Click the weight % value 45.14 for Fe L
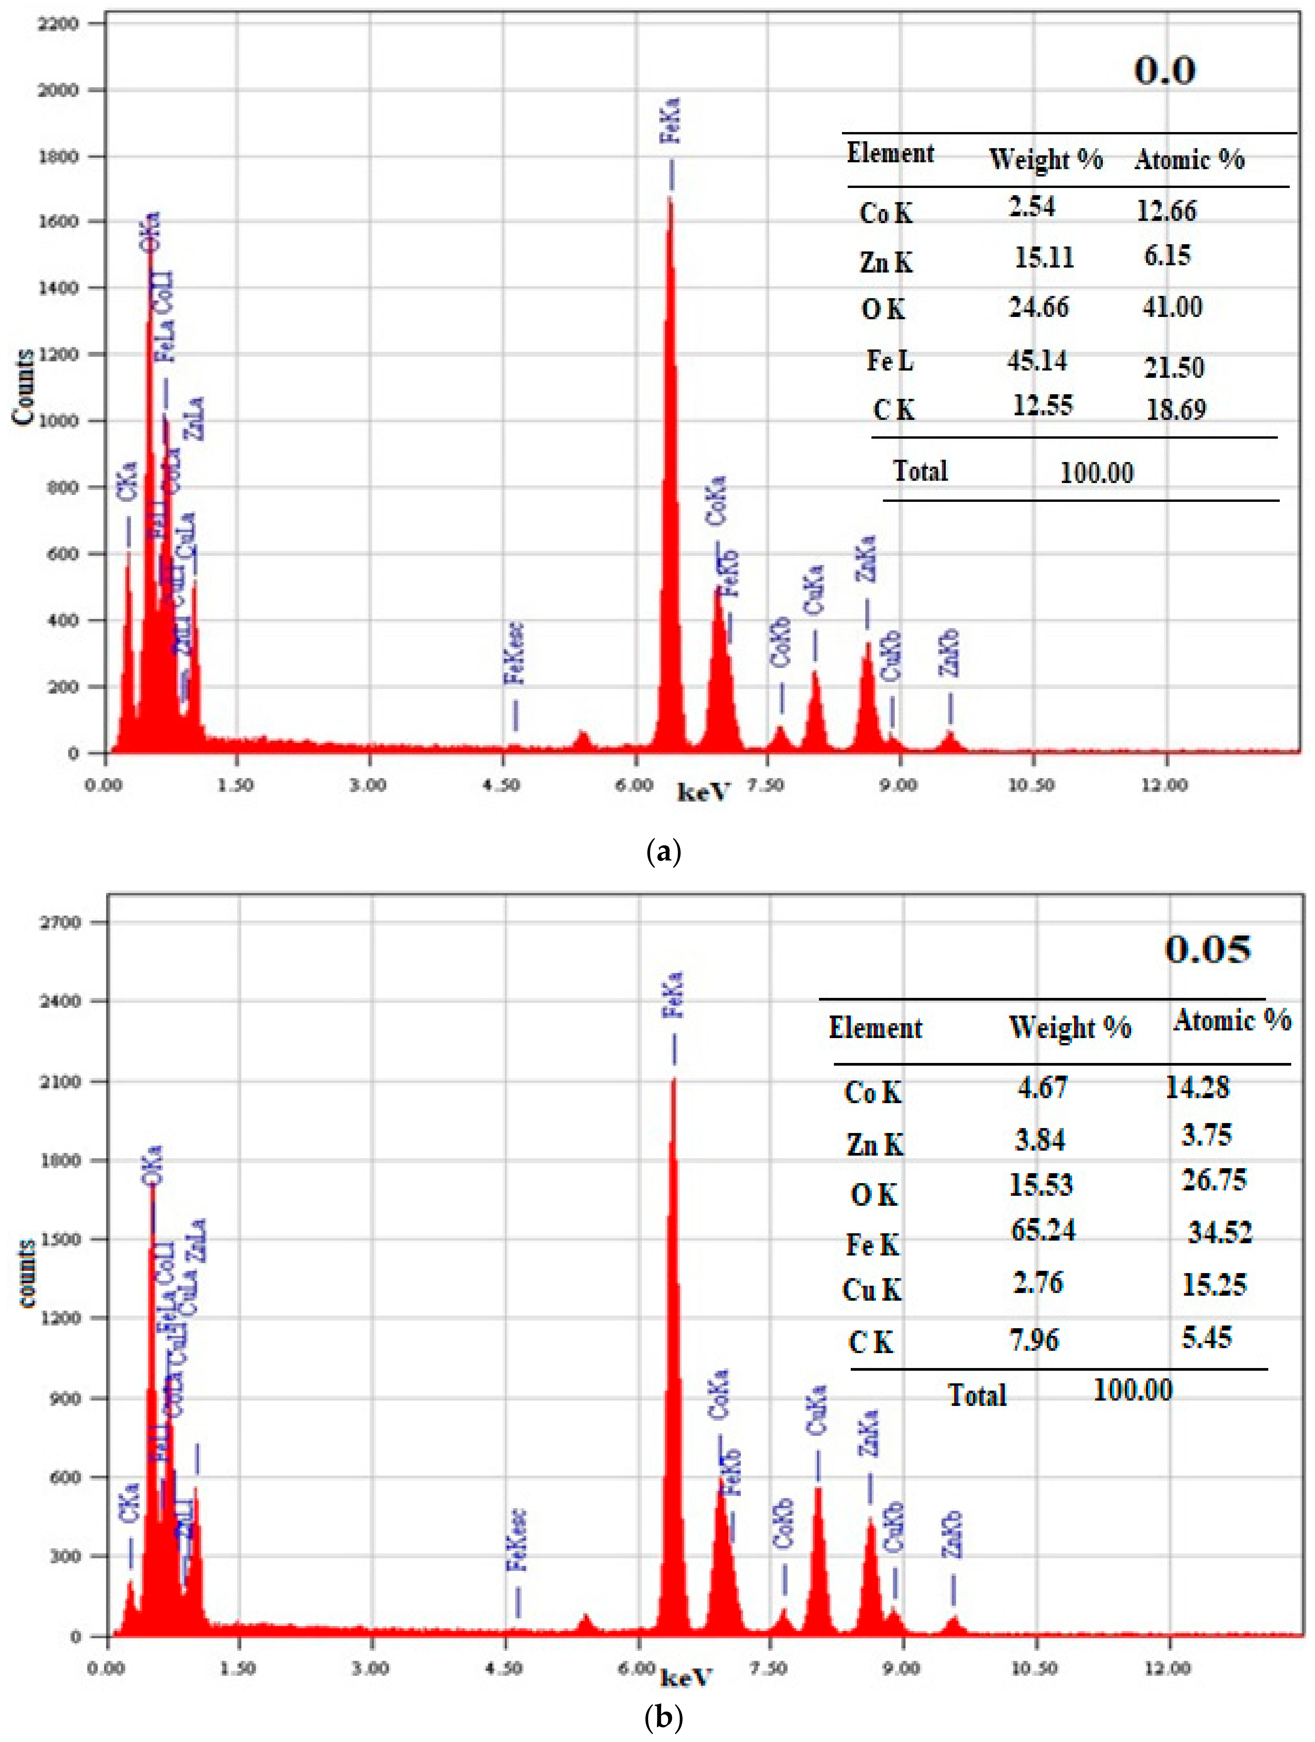point(1037,361)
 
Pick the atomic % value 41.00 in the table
point(1173,307)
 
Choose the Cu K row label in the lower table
point(871,1290)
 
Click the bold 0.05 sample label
point(1207,950)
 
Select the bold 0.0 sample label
point(1164,71)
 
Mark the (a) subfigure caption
point(663,852)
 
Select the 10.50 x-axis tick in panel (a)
point(1032,785)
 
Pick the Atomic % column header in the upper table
point(1189,160)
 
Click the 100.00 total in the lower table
point(1132,1390)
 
